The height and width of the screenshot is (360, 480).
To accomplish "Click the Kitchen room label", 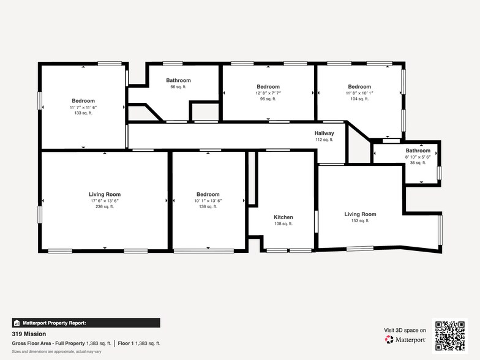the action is point(283,217).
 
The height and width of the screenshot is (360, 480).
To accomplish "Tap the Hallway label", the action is point(324,133).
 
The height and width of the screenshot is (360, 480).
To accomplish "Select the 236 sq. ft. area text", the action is point(105,207).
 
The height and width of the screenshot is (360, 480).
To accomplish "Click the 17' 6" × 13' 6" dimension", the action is point(105,201).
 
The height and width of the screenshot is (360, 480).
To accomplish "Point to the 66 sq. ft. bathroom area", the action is point(178,87).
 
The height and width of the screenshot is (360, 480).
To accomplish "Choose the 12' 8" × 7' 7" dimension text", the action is point(268,93).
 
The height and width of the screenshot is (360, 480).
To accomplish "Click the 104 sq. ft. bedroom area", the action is point(359,99).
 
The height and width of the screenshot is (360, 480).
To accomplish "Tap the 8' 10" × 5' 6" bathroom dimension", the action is point(418,157).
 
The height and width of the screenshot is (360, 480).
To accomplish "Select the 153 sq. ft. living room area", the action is point(360,220).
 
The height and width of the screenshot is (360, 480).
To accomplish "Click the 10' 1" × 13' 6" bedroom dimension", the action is point(208,201).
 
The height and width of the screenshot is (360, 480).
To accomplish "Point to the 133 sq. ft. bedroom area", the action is point(83,113).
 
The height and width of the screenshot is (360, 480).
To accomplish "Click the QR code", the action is point(450,336).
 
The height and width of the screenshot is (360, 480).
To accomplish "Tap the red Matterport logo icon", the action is point(389,339).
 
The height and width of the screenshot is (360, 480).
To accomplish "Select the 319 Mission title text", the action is point(29,334).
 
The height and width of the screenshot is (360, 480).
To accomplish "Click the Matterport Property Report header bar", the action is point(86,323).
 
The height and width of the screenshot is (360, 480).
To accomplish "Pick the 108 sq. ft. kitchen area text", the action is point(283,224).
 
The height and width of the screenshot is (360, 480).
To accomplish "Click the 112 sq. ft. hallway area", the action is point(324,140).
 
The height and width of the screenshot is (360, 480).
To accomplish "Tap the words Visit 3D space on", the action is point(405,331).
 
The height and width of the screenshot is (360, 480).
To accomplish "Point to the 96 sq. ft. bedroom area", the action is point(268,99).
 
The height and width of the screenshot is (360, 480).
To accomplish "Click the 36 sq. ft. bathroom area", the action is point(418,163).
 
